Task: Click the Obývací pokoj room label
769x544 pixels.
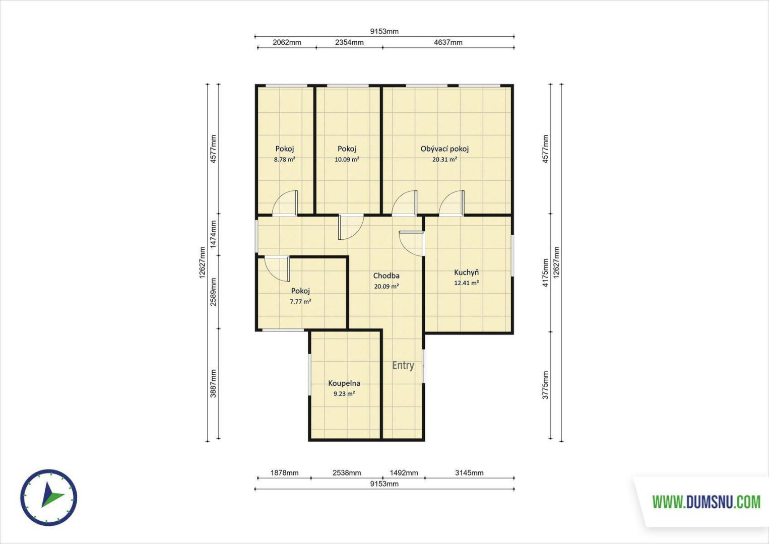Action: (x=444, y=149)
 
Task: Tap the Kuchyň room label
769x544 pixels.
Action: (x=466, y=273)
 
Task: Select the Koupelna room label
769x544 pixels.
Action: (x=344, y=383)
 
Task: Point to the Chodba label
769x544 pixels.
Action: (x=386, y=276)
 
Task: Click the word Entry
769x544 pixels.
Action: (x=403, y=366)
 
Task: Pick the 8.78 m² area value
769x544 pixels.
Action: (x=285, y=160)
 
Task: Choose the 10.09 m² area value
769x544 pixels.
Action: (x=347, y=160)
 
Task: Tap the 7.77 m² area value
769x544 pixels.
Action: (x=300, y=302)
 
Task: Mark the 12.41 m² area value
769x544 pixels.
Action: (x=466, y=283)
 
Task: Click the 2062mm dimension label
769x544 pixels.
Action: (x=287, y=42)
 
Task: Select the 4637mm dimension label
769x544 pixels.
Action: (x=448, y=42)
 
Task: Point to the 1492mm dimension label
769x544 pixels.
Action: (x=404, y=473)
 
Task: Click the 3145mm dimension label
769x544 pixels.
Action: (x=469, y=473)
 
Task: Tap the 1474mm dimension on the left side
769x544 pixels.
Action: (x=213, y=234)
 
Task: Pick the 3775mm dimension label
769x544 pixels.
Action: (x=545, y=385)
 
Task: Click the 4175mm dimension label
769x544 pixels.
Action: (x=545, y=273)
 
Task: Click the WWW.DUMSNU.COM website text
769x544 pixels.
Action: (x=707, y=502)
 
